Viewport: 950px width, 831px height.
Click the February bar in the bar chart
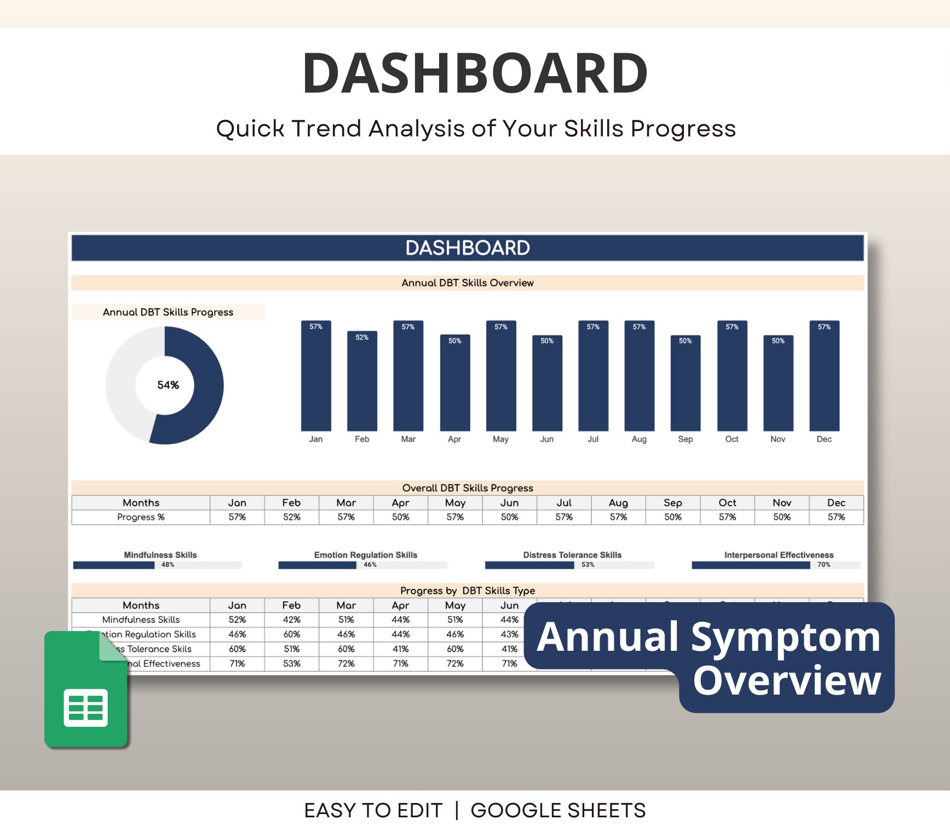pos(362,383)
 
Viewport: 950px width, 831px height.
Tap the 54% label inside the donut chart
pos(168,385)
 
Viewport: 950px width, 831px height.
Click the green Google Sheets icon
pos(86,690)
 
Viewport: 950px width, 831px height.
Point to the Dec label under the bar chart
pos(824,439)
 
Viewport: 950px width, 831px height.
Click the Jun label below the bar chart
pos(546,439)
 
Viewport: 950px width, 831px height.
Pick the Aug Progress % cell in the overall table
pos(618,517)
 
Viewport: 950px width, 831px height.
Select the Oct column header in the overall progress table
pos(727,503)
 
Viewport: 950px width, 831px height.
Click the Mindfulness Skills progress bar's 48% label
pos(168,565)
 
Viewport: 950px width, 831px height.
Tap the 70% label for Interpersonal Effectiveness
pos(824,565)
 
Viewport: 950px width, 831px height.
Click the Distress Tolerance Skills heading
pos(572,555)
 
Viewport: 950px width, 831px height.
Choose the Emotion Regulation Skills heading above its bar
pos(365,555)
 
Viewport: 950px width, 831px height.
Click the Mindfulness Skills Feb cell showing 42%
pos(291,620)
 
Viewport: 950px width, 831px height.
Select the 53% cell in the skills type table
pos(291,663)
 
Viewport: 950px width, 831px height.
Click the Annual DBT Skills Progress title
pos(168,312)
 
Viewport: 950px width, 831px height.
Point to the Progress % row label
pos(141,517)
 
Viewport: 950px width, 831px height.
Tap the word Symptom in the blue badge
pos(785,637)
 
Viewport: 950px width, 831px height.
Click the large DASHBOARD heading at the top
pos(475,73)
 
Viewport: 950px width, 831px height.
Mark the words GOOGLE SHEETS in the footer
pos(558,810)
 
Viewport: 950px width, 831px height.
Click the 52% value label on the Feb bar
pos(362,337)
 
